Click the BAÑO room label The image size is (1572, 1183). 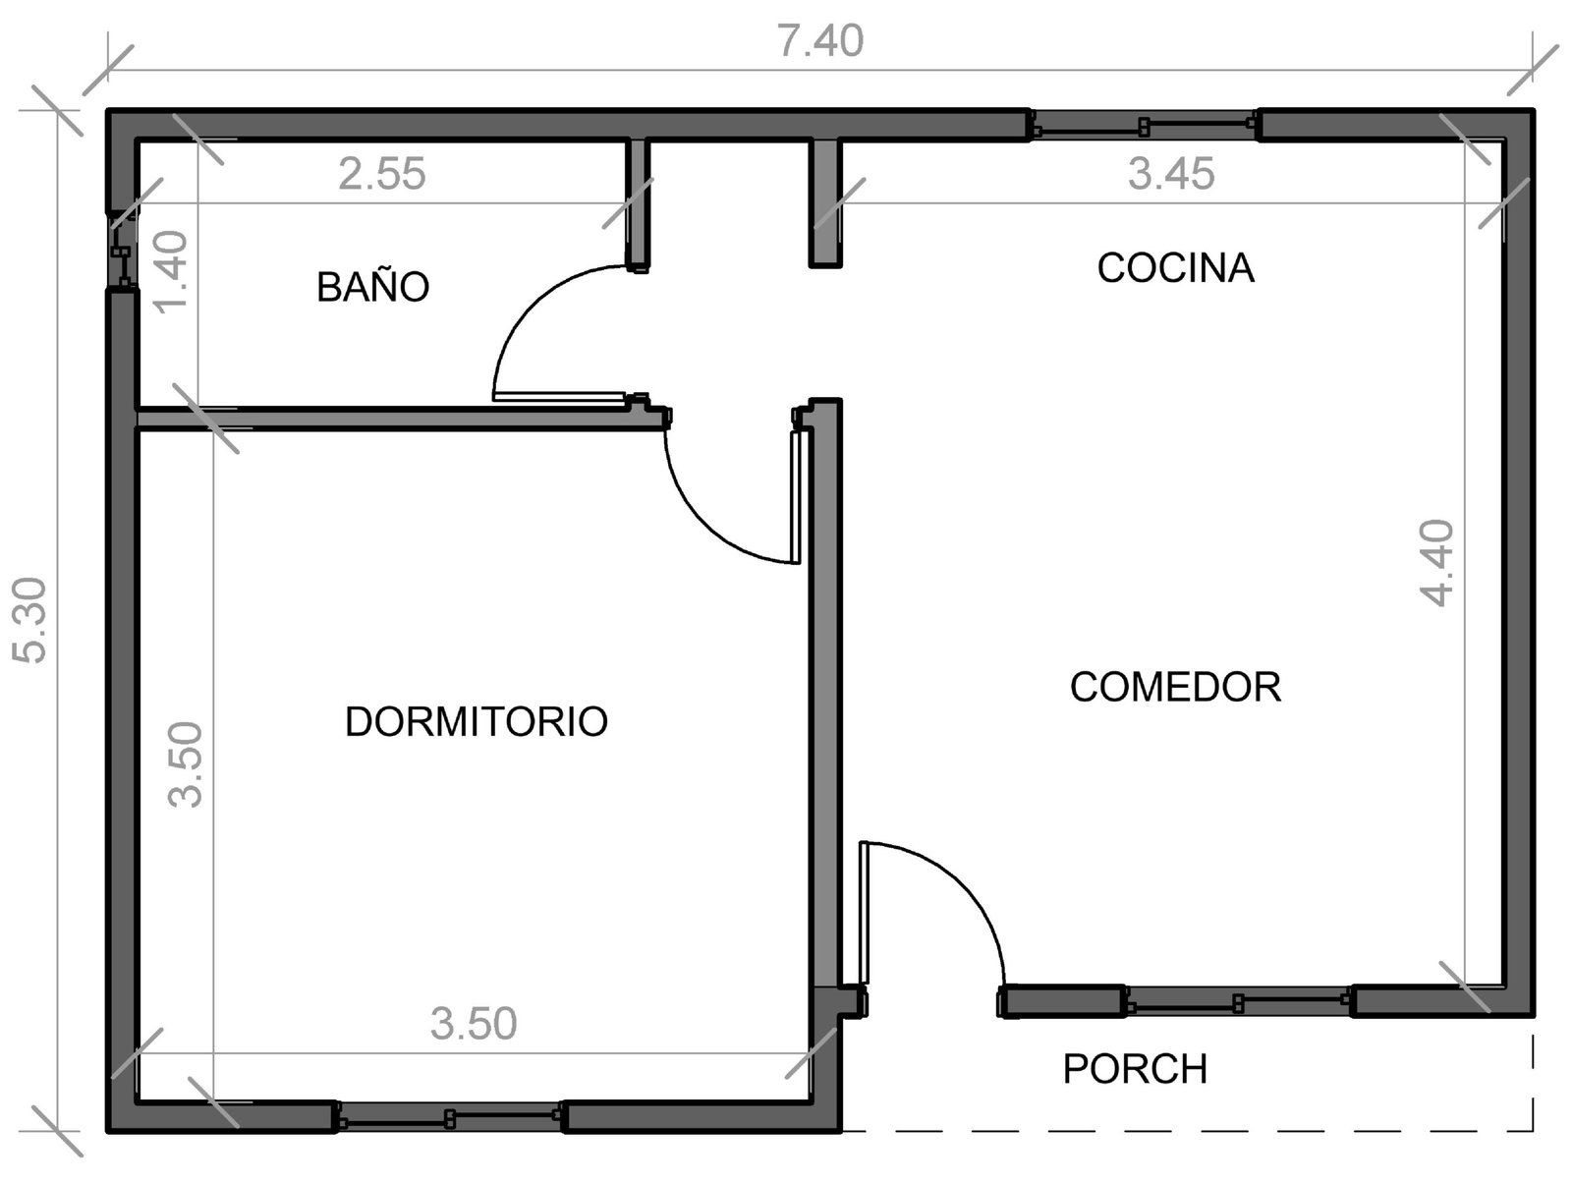[372, 287]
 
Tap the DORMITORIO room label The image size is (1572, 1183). [477, 721]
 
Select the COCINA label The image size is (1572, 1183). [1176, 268]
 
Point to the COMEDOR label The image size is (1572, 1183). [1175, 687]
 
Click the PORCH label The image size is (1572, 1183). [1135, 1069]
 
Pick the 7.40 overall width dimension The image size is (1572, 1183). [820, 41]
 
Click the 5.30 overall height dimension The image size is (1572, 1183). [30, 620]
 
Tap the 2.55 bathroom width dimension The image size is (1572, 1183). [382, 174]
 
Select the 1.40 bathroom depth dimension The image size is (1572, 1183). [173, 272]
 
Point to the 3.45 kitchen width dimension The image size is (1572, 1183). [1172, 174]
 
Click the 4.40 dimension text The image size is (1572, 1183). [1436, 563]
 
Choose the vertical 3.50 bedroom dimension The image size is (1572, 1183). [186, 764]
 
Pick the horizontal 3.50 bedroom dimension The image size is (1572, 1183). [474, 1023]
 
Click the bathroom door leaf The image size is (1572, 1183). [559, 396]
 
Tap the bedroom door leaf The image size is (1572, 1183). [795, 497]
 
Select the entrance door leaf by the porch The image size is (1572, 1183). [864, 913]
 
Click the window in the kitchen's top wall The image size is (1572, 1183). [1144, 127]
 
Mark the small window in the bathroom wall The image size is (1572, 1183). [123, 252]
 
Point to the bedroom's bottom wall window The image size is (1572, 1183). [450, 1118]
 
